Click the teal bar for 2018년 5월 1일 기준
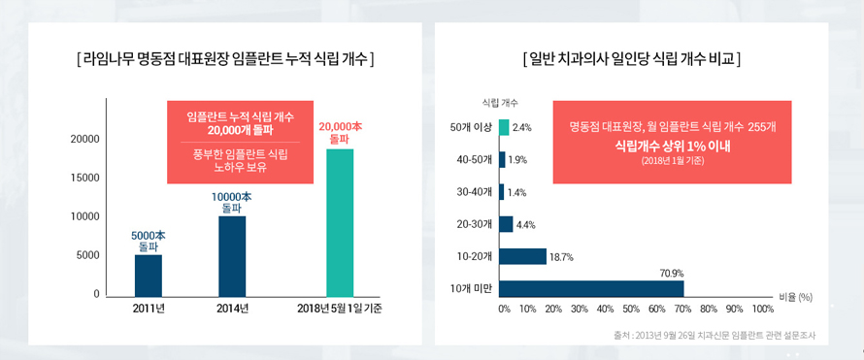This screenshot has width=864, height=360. point(340,222)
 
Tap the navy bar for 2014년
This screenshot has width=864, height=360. point(232,255)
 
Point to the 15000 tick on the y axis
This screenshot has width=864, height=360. point(85,178)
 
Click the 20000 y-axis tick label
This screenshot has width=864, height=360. point(85,140)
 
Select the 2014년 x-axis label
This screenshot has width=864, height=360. point(232,310)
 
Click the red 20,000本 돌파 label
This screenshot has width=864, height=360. point(340,133)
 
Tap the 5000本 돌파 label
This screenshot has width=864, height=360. point(149,241)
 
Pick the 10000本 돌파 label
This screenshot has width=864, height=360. point(232,202)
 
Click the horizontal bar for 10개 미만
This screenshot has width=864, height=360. point(591,288)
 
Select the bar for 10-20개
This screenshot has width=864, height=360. point(522,256)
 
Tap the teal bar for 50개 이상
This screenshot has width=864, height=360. point(504,127)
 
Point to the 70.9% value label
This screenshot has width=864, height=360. point(672,273)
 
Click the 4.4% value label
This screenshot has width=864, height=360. point(525,224)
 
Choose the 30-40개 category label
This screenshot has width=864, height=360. point(474,192)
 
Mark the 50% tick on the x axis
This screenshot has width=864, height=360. point(630,309)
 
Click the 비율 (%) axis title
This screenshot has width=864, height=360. point(795,297)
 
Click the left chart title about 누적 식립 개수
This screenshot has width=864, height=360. point(225,59)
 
